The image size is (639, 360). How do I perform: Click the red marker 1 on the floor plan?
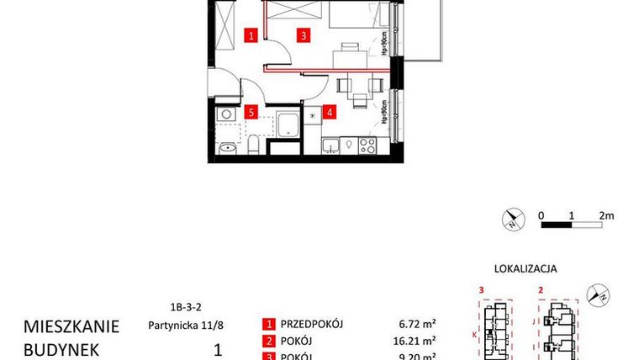coord(251,35)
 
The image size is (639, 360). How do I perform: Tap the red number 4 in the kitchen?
coord(330,111)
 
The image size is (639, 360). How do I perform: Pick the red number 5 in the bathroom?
coord(251,111)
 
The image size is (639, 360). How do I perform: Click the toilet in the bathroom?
coord(252,149)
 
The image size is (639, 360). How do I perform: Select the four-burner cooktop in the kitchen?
coord(367,145)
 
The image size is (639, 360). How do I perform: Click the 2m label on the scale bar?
coord(606,215)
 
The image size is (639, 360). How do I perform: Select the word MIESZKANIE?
coord(71,326)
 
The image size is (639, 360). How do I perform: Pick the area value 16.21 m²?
coord(417,341)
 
